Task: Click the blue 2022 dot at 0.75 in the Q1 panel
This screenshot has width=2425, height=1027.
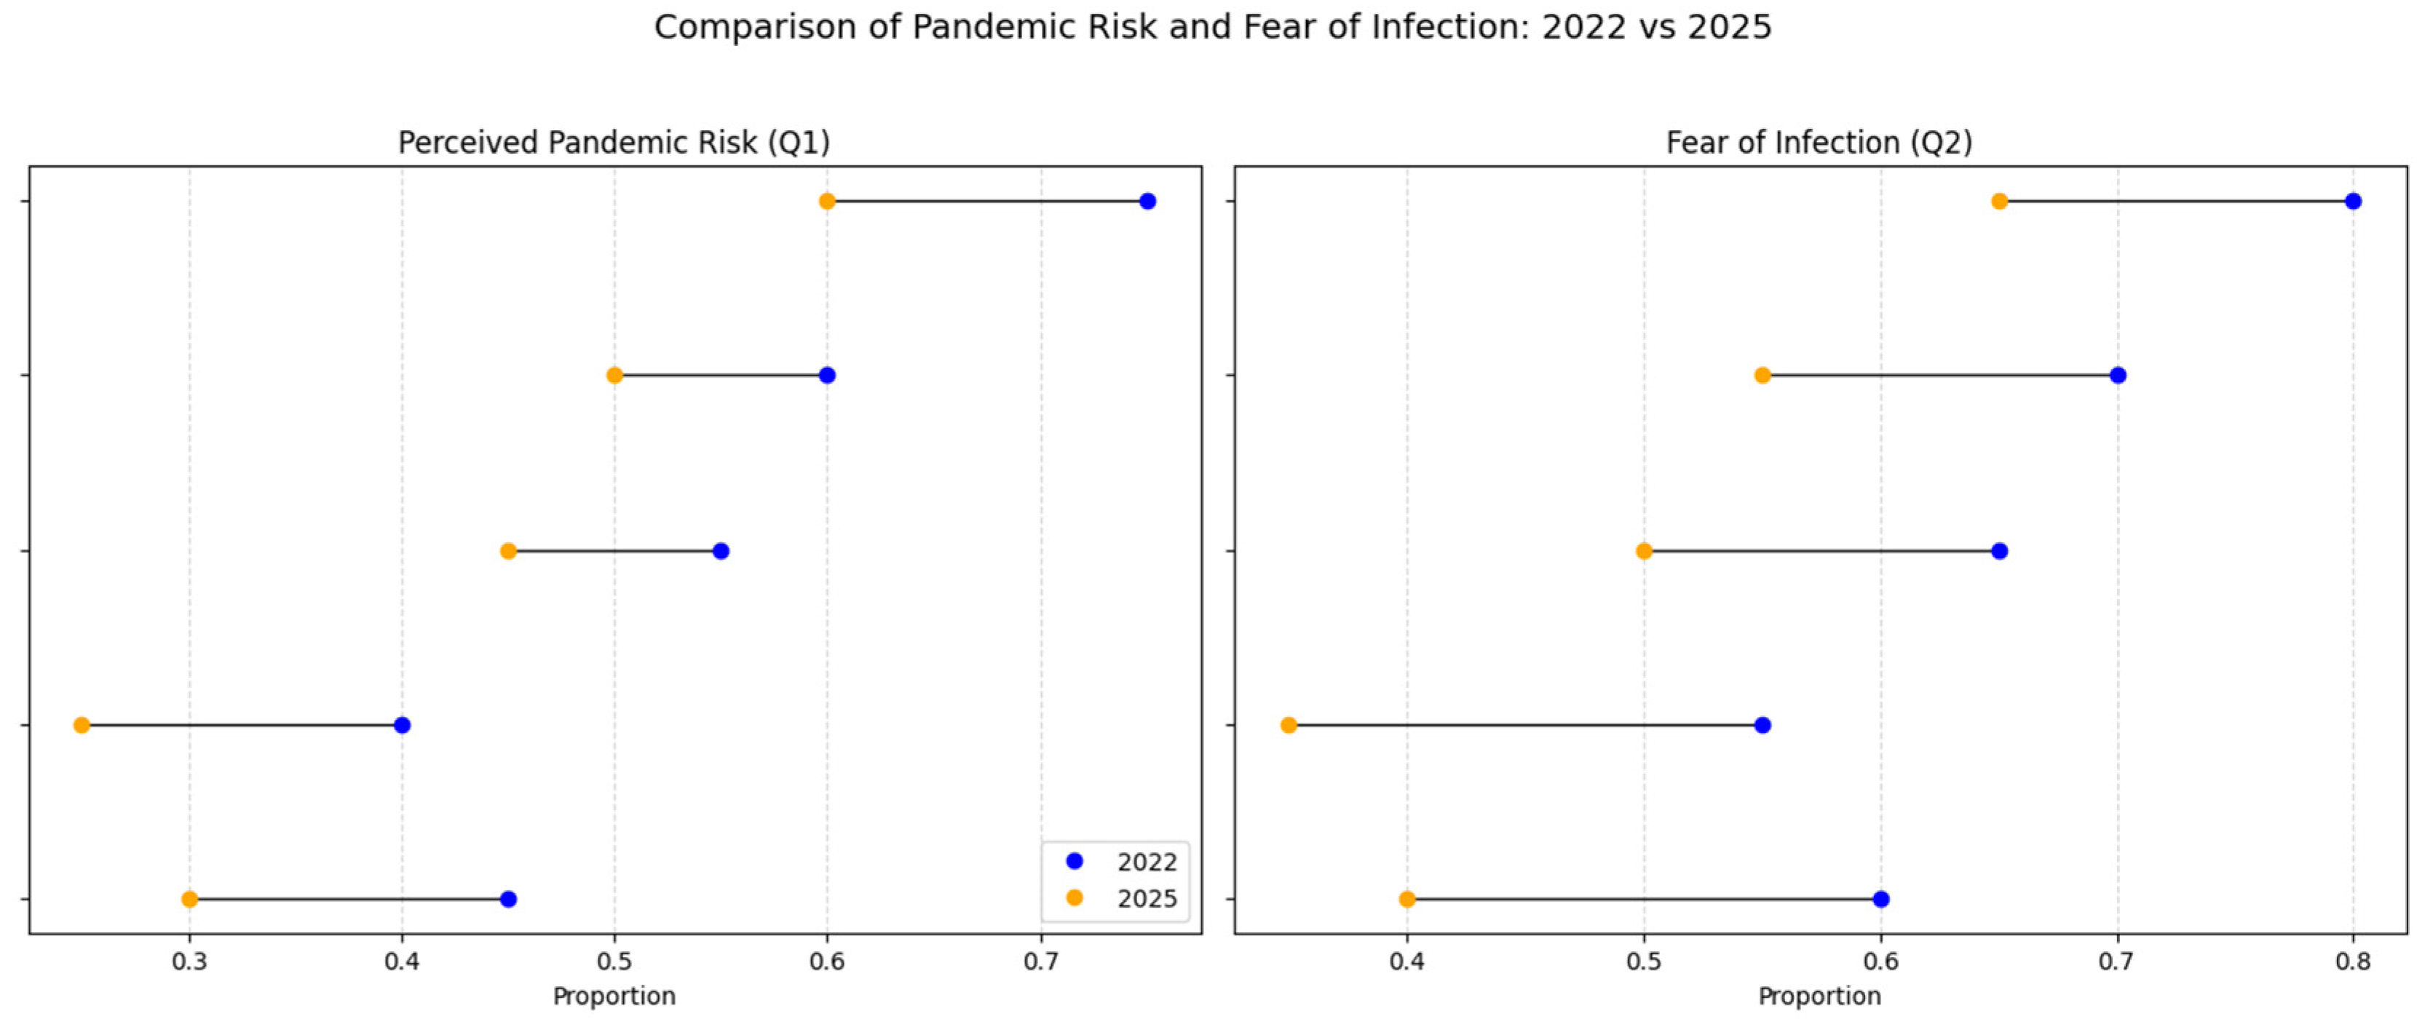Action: [1147, 200]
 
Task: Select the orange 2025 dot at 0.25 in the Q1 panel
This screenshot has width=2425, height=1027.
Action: [82, 725]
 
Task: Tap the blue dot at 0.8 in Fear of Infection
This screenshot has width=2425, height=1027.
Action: [2352, 200]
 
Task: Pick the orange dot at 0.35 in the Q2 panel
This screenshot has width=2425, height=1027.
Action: [1289, 725]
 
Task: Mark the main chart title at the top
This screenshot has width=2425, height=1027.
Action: [1213, 28]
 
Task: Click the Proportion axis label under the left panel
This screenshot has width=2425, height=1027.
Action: [614, 996]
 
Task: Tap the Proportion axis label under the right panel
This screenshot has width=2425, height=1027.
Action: [1819, 996]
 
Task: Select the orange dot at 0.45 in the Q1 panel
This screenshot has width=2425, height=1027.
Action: [508, 551]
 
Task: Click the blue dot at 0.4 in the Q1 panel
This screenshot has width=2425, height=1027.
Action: [402, 725]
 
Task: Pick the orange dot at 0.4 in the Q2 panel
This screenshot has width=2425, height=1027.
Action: [1407, 899]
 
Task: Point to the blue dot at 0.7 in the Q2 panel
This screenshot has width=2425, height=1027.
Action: [2118, 375]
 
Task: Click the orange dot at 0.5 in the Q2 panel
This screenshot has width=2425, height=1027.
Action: [1644, 551]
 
